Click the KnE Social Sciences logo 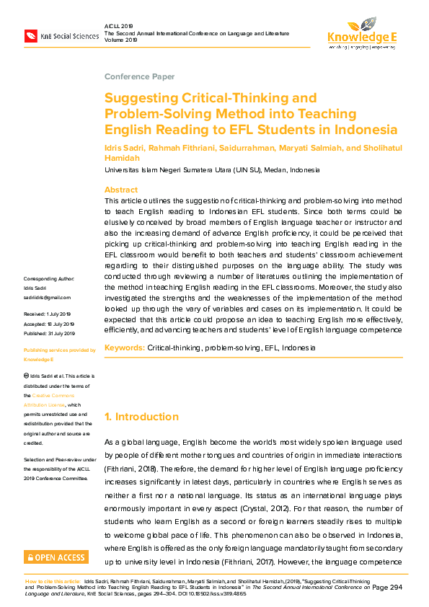click(61, 35)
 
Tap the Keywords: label click(125, 347)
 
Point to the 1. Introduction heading click(141, 417)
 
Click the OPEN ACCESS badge click(56, 557)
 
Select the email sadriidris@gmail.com click(48, 297)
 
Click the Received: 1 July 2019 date click(48, 314)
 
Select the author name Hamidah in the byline click(123, 158)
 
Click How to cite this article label click(53, 580)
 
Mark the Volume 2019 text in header click(121, 40)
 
